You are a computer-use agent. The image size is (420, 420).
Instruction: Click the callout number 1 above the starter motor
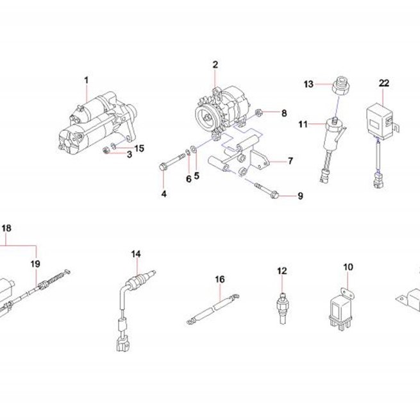pyautogui.click(x=86, y=80)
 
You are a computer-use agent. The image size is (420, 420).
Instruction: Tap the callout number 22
pyautogui.click(x=384, y=83)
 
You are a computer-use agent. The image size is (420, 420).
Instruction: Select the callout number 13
pyautogui.click(x=308, y=84)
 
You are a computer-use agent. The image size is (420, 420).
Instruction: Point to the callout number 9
pyautogui.click(x=300, y=196)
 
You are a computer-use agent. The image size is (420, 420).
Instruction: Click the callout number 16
pyautogui.click(x=220, y=280)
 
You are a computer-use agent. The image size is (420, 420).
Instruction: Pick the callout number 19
pyautogui.click(x=35, y=264)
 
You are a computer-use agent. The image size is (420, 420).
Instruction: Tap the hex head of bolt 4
pyautogui.click(x=162, y=167)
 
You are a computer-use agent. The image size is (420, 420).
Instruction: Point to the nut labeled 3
pyautogui.click(x=106, y=151)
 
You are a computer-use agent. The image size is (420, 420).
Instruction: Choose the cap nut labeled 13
pyautogui.click(x=340, y=86)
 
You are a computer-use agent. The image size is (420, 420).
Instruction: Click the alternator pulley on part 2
pyautogui.click(x=206, y=117)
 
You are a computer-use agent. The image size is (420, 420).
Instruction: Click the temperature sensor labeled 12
pyautogui.click(x=281, y=308)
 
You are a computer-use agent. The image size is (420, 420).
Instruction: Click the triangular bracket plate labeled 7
pyautogui.click(x=259, y=160)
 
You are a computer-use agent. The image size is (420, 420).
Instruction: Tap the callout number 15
pyautogui.click(x=139, y=148)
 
